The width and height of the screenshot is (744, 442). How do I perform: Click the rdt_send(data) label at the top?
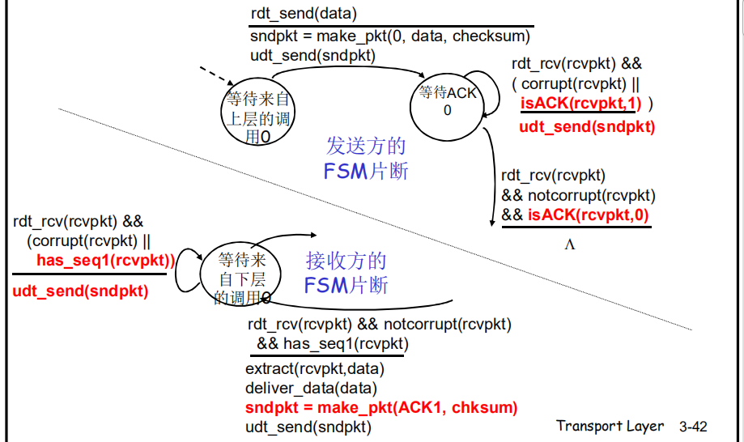point(304,14)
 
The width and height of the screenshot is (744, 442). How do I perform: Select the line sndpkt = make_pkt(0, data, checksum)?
point(389,36)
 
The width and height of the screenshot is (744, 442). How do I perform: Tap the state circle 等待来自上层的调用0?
point(258,114)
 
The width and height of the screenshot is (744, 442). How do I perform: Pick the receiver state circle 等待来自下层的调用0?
point(243,278)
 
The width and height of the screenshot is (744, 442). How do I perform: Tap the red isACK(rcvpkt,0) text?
point(589,215)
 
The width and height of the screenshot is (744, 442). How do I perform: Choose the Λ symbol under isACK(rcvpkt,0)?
point(570,243)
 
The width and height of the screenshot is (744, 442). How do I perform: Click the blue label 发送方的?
point(366,146)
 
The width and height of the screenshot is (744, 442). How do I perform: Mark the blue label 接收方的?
point(346,261)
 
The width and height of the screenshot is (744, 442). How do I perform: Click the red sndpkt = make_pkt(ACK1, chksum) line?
point(381,407)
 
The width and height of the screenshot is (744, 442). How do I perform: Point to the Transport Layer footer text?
point(610,426)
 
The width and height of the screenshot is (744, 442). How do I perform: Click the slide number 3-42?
point(694,427)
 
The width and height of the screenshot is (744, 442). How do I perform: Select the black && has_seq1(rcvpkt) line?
point(332,344)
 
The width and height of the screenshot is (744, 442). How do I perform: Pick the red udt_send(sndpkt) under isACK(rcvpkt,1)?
point(587,126)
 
